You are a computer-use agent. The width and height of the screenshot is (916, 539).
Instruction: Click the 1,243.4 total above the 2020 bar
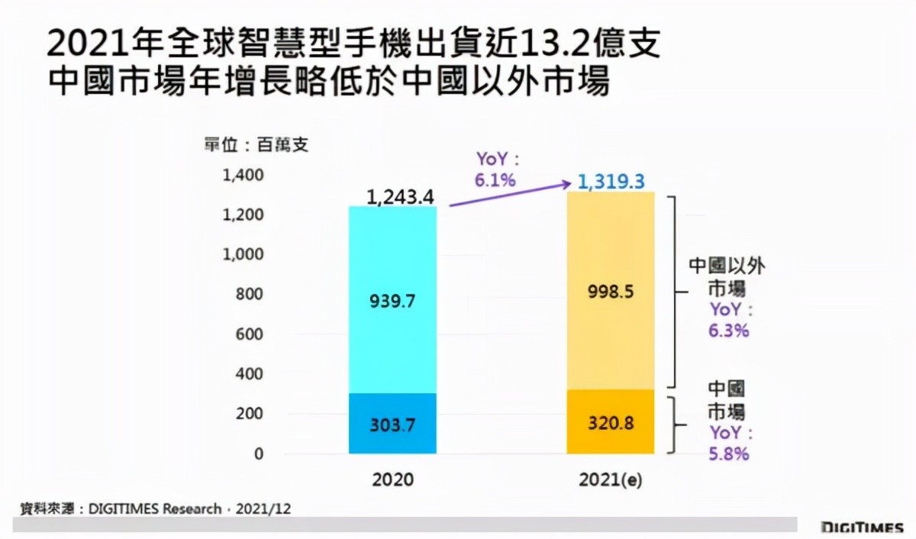400,197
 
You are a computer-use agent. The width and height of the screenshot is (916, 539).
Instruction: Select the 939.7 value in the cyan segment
392,302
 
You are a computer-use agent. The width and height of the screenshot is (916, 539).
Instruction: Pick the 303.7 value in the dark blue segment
392,425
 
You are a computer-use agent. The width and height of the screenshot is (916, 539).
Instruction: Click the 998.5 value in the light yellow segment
611,292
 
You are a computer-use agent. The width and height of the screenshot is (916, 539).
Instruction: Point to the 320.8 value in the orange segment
611,422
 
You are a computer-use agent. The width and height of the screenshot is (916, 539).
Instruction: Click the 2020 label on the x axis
392,480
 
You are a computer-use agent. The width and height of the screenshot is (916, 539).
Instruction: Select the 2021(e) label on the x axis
611,480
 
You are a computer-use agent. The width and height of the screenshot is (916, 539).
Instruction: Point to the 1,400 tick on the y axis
243,176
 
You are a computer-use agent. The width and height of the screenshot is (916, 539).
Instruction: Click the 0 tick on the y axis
259,453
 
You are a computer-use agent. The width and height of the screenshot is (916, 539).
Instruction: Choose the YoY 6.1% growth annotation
497,169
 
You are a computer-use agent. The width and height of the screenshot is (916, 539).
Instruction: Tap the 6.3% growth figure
729,331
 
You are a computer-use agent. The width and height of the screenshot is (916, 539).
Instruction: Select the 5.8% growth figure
729,453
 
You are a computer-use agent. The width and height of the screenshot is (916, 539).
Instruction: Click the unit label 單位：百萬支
256,144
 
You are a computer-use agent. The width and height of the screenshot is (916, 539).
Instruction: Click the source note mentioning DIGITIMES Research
156,508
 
